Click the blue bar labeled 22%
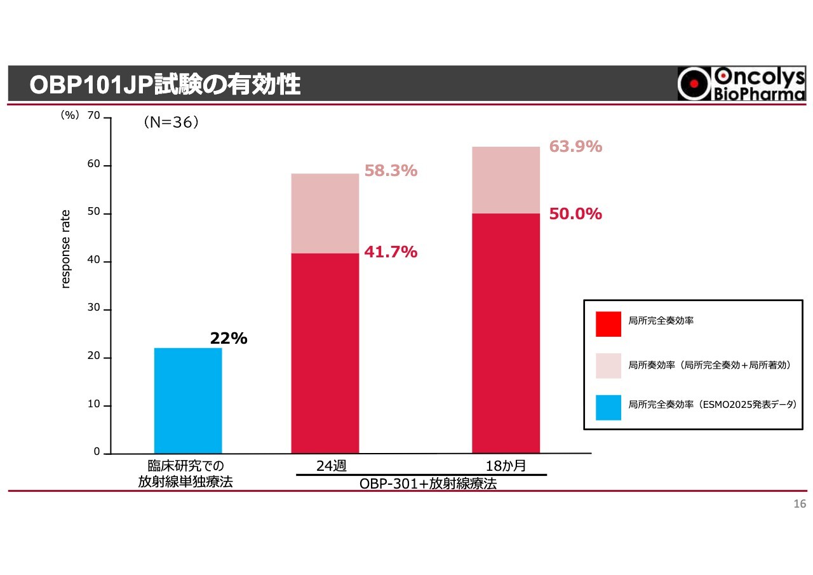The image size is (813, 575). click(188, 400)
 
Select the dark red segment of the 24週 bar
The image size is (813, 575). click(325, 353)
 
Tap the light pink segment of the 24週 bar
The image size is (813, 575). click(325, 213)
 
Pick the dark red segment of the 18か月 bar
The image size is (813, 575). click(506, 333)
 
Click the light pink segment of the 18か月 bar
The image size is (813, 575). click(506, 180)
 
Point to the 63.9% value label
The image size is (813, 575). click(575, 147)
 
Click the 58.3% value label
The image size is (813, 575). click(391, 171)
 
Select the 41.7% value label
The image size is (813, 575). click(391, 252)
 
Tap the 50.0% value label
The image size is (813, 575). click(575, 214)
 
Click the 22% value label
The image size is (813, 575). click(229, 339)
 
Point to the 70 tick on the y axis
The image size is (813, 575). click(94, 116)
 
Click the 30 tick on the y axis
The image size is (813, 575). click(94, 308)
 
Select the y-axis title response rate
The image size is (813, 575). click(65, 249)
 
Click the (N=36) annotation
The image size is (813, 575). click(171, 123)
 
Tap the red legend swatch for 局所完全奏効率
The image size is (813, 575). click(608, 324)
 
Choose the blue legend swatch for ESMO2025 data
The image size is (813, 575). click(608, 407)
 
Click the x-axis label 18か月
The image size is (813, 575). click(506, 466)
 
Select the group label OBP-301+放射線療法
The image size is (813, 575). click(428, 484)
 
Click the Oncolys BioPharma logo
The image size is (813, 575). click(741, 84)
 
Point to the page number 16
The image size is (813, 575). click(800, 504)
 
